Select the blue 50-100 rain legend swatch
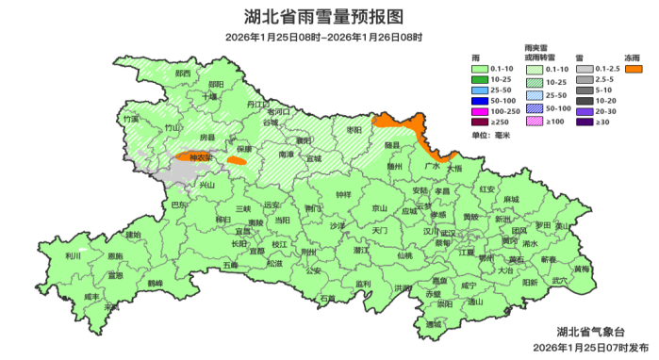pyautogui.click(x=479, y=101)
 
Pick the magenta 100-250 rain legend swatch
pyautogui.click(x=479, y=111)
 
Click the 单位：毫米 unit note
pyautogui.click(x=490, y=136)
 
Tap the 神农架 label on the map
pyautogui.click(x=200, y=157)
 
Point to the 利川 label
pyautogui.click(x=73, y=255)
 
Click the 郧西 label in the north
pyautogui.click(x=182, y=74)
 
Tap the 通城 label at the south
pyautogui.click(x=433, y=324)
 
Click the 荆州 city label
pyautogui.click(x=307, y=253)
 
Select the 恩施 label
pyautogui.click(x=114, y=256)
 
